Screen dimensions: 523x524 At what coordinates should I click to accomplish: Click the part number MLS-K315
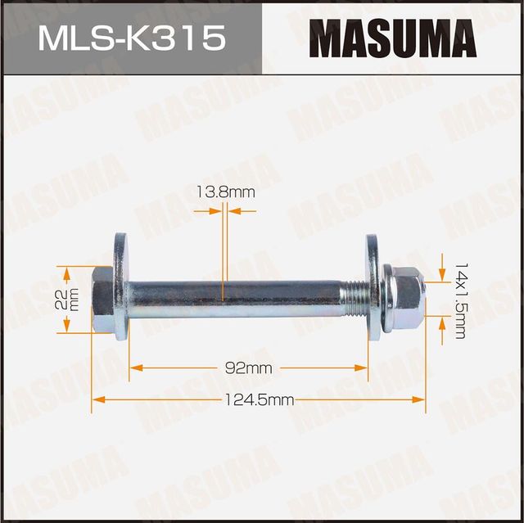130,38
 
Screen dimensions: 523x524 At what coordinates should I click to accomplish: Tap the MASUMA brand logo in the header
392,38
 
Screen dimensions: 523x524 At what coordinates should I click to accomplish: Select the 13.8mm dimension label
225,192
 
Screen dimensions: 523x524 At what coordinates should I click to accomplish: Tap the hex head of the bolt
102,300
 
